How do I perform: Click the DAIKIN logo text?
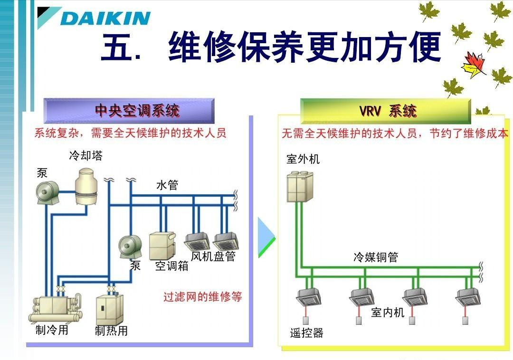pos(105,19)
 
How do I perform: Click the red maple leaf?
pos(473,65)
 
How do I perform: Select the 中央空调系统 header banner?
pos(129,111)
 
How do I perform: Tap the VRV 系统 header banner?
pos(386,111)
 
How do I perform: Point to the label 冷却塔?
pos(85,156)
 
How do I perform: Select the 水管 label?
pos(167,186)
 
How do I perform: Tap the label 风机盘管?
pos(213,256)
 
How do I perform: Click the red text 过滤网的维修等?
pos(203,297)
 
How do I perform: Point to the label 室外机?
pos(303,159)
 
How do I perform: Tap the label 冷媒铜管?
pos(376,257)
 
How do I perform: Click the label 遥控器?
pos(307,333)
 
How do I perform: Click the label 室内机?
pos(388,312)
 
